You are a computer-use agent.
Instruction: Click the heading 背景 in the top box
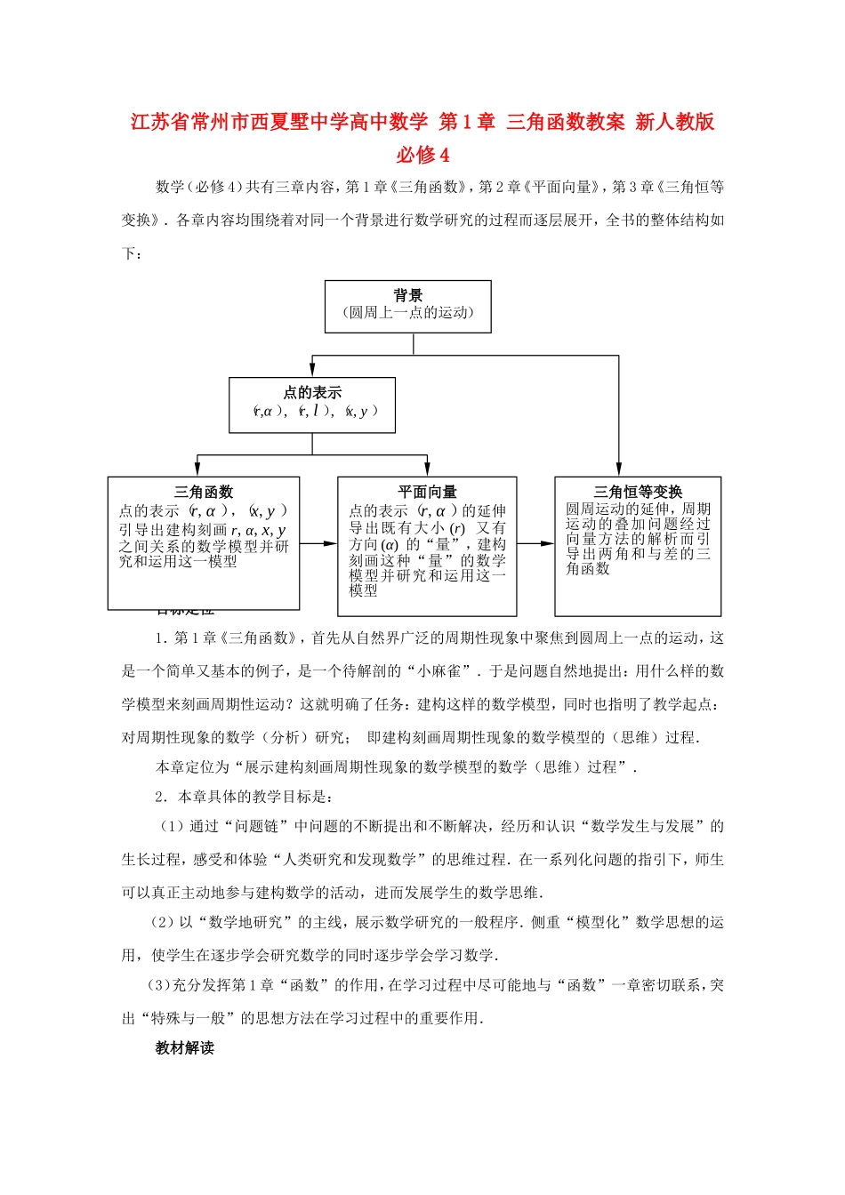click(408, 295)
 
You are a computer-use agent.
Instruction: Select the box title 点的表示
click(312, 392)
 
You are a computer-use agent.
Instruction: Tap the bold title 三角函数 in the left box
click(204, 492)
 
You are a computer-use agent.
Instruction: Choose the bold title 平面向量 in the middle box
click(427, 492)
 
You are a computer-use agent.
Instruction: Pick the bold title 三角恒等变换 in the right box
click(638, 492)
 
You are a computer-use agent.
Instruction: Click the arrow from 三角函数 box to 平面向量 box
click(318, 543)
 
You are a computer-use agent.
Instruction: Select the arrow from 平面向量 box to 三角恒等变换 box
click(535, 543)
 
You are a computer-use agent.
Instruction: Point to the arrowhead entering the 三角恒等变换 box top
click(618, 470)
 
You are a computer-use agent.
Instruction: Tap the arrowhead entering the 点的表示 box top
click(312, 371)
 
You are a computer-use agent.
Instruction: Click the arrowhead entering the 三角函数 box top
click(197, 470)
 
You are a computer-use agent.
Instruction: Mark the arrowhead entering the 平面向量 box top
click(428, 470)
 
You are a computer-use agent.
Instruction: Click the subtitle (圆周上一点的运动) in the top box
click(408, 313)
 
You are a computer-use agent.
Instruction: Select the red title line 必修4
click(422, 155)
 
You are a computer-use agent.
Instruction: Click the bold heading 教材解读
click(185, 1048)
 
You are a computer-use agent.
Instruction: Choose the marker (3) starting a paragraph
click(158, 985)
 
